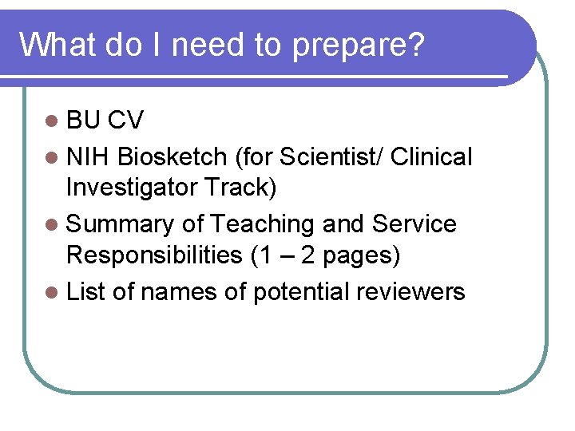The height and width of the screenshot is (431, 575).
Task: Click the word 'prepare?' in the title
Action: tap(358, 46)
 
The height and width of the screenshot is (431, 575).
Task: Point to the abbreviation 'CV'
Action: tap(125, 121)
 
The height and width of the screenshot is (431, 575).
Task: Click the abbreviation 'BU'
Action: tap(84, 121)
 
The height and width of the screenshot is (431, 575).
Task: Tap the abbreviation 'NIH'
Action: tap(89, 157)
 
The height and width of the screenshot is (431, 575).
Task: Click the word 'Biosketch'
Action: tap(172, 157)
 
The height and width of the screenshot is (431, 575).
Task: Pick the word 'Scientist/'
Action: tap(327, 157)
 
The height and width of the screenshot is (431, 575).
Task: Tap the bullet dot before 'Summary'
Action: tap(52, 225)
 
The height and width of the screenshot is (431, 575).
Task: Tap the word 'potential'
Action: tap(300, 292)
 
